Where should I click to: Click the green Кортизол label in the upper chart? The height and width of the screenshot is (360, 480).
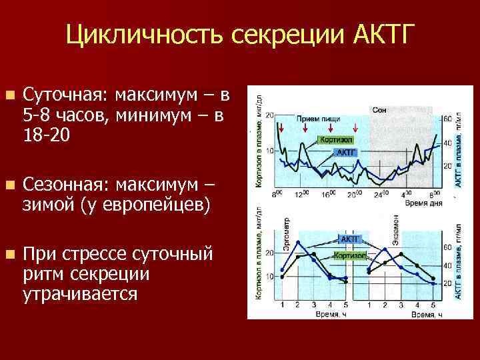(335, 140)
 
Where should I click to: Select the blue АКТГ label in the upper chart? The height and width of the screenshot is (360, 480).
(346, 153)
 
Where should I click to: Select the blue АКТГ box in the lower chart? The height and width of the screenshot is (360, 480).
(351, 238)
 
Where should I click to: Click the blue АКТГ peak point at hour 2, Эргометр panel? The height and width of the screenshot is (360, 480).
(298, 242)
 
